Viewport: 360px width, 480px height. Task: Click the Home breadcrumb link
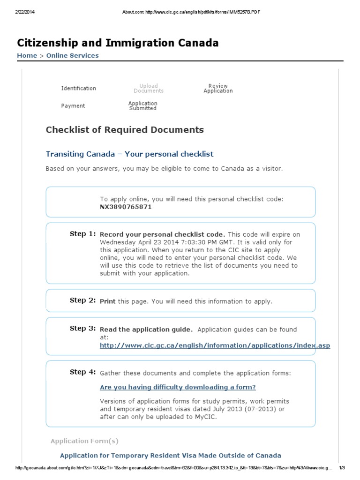(27, 55)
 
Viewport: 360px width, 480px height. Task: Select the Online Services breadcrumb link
(72, 55)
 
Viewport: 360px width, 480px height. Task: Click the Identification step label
(78, 88)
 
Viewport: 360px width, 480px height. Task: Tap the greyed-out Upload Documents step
(148, 88)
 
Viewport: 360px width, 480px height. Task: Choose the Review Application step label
(218, 88)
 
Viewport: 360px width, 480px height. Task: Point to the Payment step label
(73, 106)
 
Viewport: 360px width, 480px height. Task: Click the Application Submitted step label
(143, 106)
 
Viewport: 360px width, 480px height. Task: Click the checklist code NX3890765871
(126, 207)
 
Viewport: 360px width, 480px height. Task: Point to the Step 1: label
(83, 234)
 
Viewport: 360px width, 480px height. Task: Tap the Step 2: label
(83, 300)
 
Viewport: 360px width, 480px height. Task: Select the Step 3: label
(83, 329)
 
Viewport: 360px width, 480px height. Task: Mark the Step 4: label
(83, 372)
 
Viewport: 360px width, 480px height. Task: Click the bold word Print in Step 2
(108, 301)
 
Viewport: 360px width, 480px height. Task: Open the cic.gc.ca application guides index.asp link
(215, 346)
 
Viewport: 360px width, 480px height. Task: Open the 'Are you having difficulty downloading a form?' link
(178, 387)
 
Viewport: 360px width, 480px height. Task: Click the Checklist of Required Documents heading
(125, 130)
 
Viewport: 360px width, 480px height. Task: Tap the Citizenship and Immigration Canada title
(118, 43)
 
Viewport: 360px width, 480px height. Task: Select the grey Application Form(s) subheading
(85, 441)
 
